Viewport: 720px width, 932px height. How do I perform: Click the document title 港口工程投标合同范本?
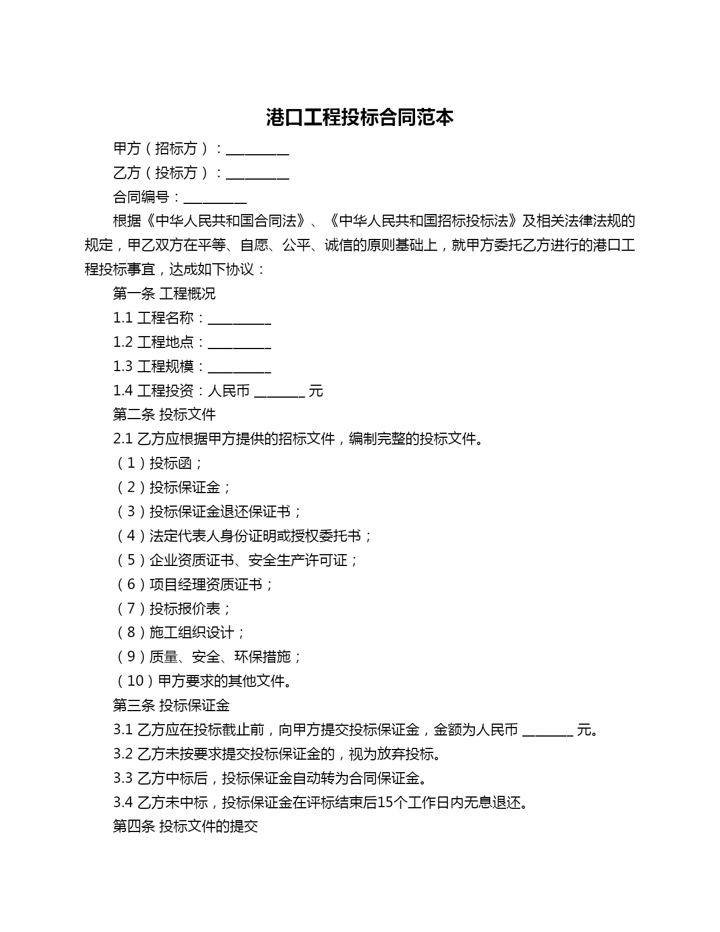coord(360,117)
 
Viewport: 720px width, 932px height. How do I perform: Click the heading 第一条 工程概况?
coord(164,294)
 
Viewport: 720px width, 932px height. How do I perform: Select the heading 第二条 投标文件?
coord(164,415)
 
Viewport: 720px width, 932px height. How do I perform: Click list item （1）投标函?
coord(159,463)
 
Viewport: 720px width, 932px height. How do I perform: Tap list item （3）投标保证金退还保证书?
coord(208,512)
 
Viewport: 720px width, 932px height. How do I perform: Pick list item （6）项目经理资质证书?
coord(194,584)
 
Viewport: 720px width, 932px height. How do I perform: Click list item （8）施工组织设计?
coord(180,633)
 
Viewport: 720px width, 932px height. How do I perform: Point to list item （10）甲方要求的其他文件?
coord(204,681)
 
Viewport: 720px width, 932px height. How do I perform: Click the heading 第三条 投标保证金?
coord(171,705)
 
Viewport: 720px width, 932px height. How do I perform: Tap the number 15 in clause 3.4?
coord(383,802)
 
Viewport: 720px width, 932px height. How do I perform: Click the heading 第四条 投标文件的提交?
coord(185,826)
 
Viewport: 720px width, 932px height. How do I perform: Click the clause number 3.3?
coord(123,778)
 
